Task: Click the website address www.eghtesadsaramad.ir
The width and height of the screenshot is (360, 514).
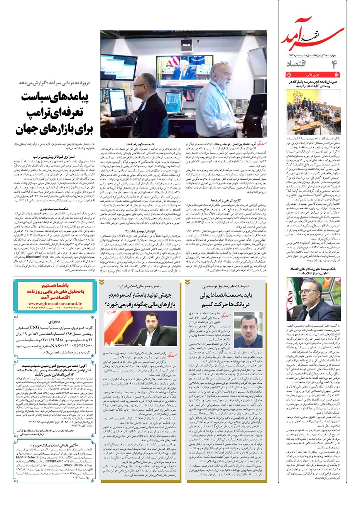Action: pyautogui.click(x=55, y=304)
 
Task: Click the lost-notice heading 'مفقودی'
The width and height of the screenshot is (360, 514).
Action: pyautogui.click(x=54, y=321)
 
